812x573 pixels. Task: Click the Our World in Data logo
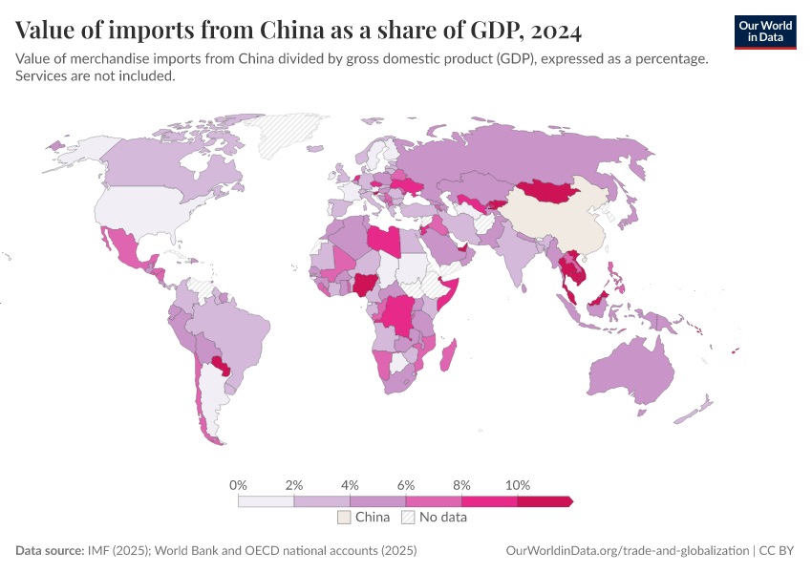click(x=765, y=32)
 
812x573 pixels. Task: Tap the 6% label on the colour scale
click(x=406, y=485)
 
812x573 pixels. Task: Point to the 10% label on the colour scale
click(x=517, y=485)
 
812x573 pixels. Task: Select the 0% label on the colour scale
click(x=239, y=485)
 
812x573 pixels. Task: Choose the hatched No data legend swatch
click(x=408, y=517)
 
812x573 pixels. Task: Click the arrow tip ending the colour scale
click(x=569, y=500)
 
